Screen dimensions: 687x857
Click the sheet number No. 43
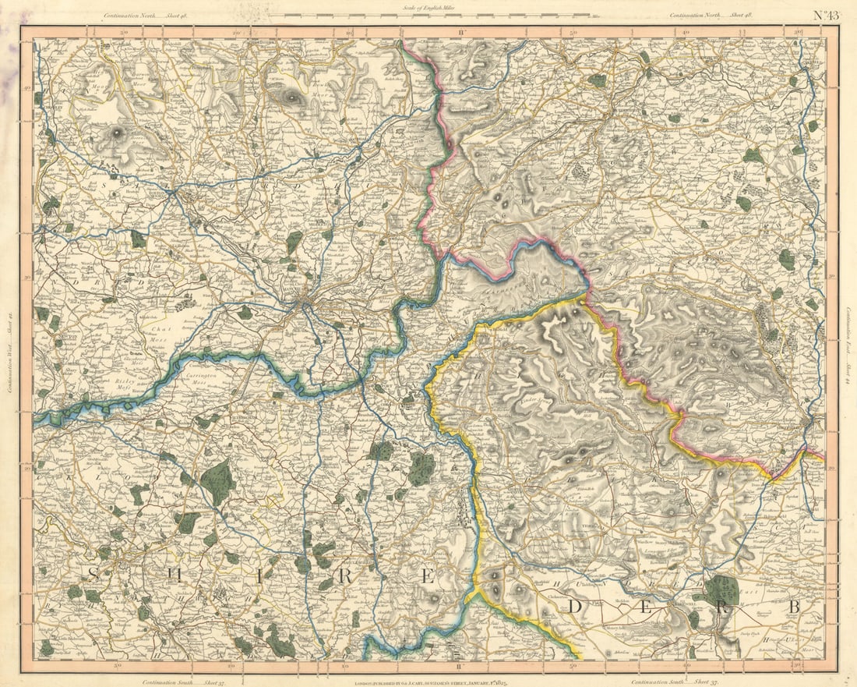pos(827,15)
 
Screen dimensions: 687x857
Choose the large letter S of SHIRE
pos(93,575)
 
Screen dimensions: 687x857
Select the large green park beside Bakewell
pos(722,590)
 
